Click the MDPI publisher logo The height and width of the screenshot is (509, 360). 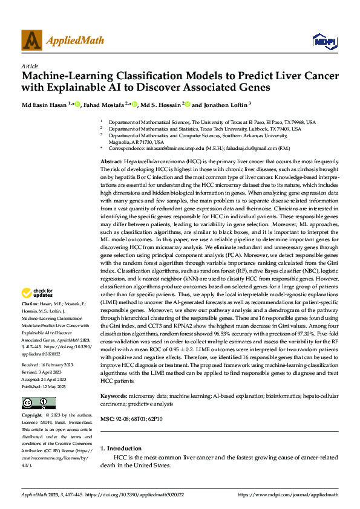(x=321, y=41)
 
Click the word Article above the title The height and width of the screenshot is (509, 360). (x=30, y=66)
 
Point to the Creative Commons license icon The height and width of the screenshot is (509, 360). (x=38, y=403)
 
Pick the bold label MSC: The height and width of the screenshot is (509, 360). (x=106, y=402)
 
